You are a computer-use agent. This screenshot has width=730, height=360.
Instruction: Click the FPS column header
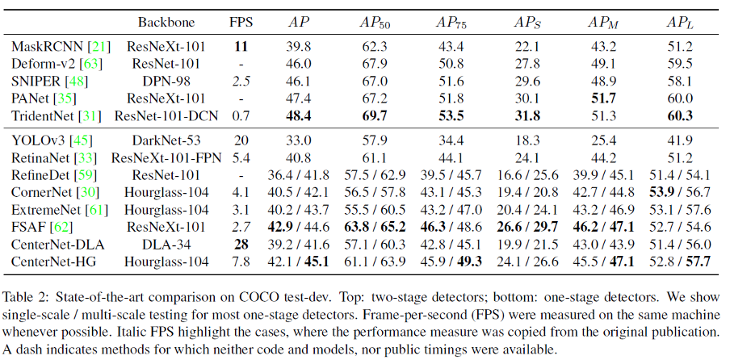click(240, 23)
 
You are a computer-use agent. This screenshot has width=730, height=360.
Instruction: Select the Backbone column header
click(166, 23)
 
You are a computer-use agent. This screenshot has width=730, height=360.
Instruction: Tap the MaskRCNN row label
click(49, 47)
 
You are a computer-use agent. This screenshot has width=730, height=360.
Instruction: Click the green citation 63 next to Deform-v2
click(91, 64)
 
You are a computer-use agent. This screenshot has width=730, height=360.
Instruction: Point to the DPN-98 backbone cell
click(166, 81)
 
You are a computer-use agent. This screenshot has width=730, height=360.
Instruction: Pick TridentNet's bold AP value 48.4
click(300, 115)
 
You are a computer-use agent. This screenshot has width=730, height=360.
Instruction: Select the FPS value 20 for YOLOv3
click(240, 140)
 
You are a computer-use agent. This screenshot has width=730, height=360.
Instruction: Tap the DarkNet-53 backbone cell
click(166, 140)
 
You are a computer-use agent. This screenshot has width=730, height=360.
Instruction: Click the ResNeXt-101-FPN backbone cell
click(166, 157)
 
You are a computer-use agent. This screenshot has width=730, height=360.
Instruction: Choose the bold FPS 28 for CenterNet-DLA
click(241, 245)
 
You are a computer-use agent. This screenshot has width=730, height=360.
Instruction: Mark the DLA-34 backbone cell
click(166, 245)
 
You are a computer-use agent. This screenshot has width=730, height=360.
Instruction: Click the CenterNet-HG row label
click(53, 262)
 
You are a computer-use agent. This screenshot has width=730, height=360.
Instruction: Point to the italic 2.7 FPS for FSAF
click(241, 227)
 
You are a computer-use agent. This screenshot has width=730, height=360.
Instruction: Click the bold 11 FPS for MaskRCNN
click(241, 47)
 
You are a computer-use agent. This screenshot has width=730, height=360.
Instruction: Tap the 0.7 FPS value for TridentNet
click(241, 115)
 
